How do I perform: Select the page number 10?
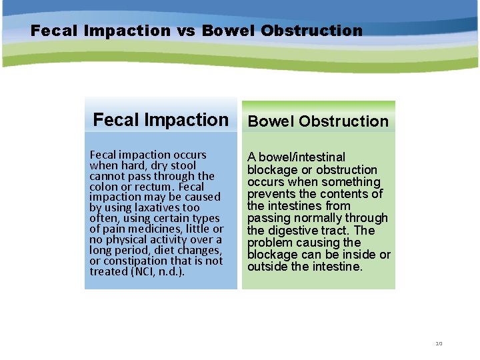439,343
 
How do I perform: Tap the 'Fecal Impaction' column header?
160,120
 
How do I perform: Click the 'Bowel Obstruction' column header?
318,121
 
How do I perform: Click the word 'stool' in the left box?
182,165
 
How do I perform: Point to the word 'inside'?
359,255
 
